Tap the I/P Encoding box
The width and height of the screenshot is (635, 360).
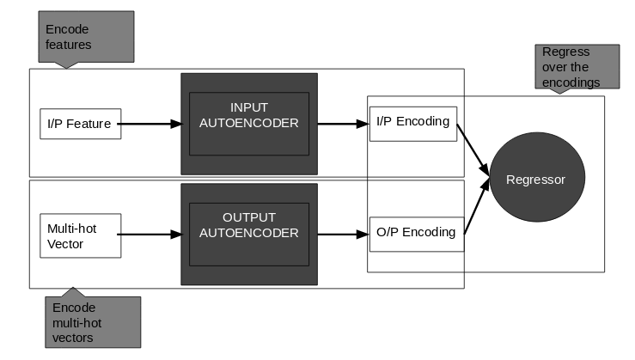tap(412, 122)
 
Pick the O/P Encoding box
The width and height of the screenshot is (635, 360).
tap(417, 233)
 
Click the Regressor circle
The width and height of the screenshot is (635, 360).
tap(535, 180)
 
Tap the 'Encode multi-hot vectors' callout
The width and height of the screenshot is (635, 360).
tap(93, 321)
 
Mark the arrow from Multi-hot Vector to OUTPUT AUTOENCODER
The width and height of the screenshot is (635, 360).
tap(149, 234)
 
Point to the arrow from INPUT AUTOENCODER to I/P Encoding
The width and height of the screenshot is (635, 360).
tap(343, 124)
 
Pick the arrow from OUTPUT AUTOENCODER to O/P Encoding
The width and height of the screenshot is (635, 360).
tap(343, 234)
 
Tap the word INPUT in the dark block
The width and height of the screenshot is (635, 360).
tap(249, 107)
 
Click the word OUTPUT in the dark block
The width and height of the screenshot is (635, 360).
tap(249, 217)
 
